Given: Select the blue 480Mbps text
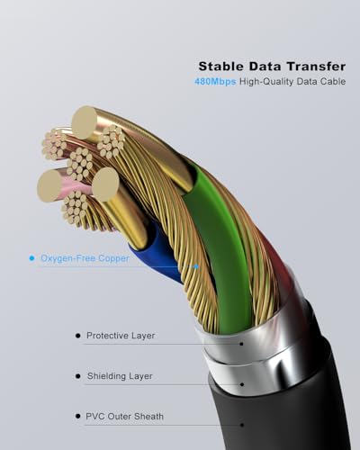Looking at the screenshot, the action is pos(215,82).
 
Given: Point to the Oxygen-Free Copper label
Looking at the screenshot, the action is pos(85,258).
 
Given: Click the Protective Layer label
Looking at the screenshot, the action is pos(121,336).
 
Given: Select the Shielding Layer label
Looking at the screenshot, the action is pos(120,376).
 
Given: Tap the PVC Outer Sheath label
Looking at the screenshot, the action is pos(124,417).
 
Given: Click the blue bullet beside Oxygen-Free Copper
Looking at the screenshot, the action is pos(31,258).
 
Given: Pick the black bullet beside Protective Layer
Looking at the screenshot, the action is pos(78,336).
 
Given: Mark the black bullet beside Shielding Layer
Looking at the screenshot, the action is pos(78,376).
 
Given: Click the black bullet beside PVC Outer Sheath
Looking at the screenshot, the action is pos(78,417).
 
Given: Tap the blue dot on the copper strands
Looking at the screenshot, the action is pos(196,266).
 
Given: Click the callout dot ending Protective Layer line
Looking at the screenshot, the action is pos(241,344).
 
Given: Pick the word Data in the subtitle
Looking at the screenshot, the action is pos(306,81).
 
